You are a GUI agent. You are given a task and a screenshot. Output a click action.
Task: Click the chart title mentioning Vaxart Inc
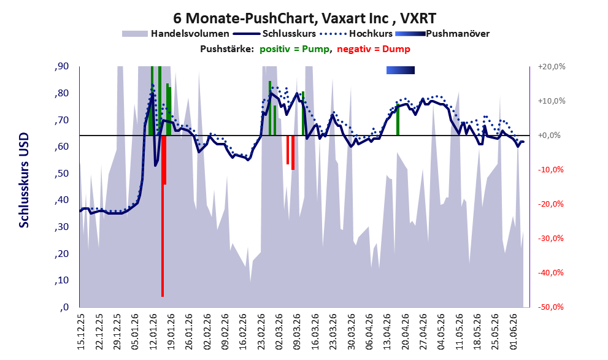(x=304, y=18)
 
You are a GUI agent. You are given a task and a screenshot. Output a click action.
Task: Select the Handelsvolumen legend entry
(x=175, y=34)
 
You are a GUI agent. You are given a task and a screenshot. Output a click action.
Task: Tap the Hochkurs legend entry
(x=356, y=34)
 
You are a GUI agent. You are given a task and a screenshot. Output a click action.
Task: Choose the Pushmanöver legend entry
(x=442, y=34)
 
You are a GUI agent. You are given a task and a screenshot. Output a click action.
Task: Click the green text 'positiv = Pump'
(x=294, y=49)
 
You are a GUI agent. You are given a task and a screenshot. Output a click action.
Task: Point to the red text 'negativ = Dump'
(x=374, y=49)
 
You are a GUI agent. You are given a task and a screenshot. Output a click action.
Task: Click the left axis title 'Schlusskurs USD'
(x=24, y=180)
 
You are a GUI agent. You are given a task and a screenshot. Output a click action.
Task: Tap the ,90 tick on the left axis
(x=61, y=66)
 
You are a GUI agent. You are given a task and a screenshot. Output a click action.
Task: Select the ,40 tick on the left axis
(x=61, y=201)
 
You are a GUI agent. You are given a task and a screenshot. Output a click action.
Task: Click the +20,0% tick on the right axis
(x=552, y=67)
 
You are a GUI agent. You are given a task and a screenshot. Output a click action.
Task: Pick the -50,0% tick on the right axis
(x=550, y=307)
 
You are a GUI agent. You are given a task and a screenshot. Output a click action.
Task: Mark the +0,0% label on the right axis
(x=550, y=136)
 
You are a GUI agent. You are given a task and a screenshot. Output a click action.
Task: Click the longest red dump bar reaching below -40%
(x=163, y=216)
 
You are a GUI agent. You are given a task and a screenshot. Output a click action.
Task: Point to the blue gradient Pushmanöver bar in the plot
(x=401, y=70)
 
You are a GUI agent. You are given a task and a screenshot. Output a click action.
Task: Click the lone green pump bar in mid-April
(x=398, y=120)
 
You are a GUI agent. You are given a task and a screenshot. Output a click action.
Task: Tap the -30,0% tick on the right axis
(x=550, y=239)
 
